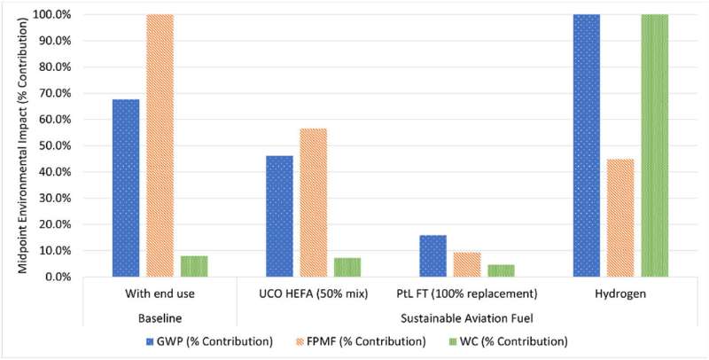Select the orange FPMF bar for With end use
click(160, 145)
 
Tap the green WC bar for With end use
click(194, 266)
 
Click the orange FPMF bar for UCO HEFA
click(313, 202)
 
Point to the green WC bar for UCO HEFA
click(347, 267)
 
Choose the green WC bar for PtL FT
click(501, 270)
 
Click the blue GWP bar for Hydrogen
click(586, 145)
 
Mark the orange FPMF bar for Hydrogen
click(620, 217)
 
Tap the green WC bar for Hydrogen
click(654, 145)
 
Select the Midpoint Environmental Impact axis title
click(11, 145)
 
